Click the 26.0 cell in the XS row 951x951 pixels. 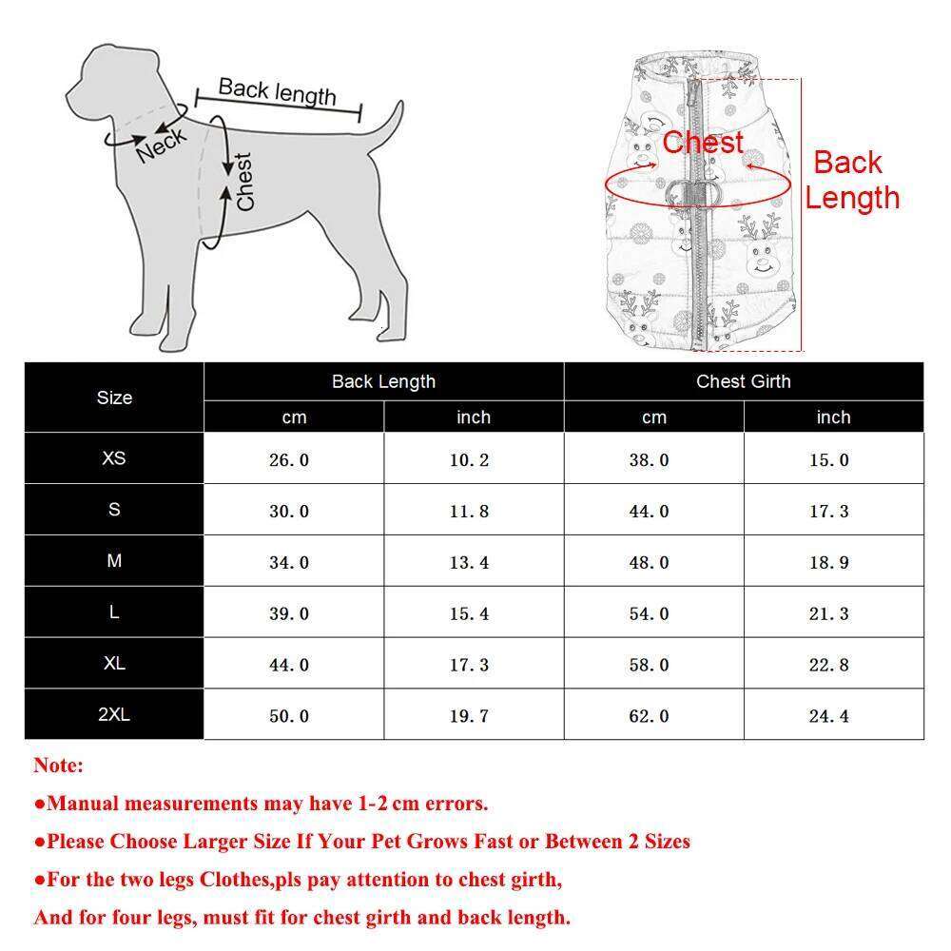[289, 460]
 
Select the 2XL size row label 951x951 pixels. [114, 714]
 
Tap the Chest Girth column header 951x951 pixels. [743, 381]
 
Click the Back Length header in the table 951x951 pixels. [383, 381]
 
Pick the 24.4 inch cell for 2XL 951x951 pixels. [828, 716]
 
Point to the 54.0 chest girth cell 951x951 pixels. [649, 614]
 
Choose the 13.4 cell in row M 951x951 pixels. [469, 563]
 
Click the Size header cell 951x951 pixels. [114, 398]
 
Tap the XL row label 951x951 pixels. [114, 663]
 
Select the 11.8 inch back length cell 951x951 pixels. [469, 512]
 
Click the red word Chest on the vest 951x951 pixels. [703, 143]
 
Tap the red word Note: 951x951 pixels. [59, 766]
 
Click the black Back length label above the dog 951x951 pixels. [277, 92]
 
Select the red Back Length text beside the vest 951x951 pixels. [850, 180]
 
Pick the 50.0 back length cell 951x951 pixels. [289, 716]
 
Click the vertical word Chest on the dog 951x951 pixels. [244, 182]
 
